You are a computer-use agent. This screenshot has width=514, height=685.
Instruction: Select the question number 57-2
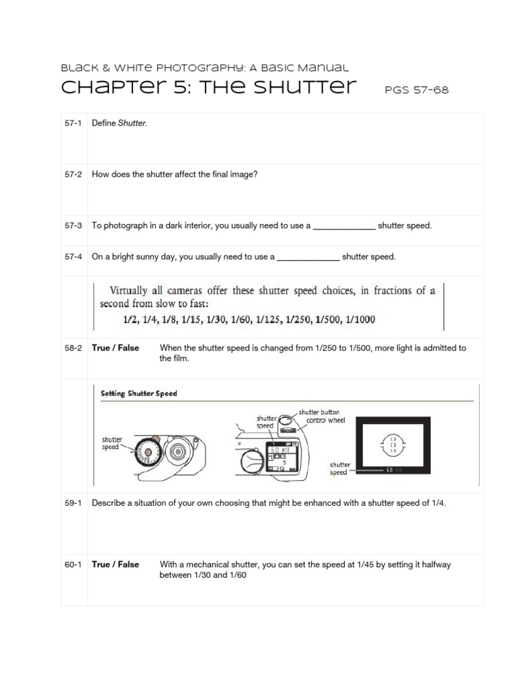click(73, 174)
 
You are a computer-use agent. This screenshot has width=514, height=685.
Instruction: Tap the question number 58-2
click(73, 348)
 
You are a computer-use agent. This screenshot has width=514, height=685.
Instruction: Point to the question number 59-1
click(73, 503)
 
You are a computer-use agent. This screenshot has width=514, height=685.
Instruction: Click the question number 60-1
click(73, 565)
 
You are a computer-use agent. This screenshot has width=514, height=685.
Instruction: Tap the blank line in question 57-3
click(344, 226)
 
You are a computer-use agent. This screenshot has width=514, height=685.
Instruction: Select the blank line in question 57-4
click(308, 257)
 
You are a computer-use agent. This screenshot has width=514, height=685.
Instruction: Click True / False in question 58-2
click(116, 348)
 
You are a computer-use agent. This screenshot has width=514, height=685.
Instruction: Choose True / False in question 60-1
click(116, 565)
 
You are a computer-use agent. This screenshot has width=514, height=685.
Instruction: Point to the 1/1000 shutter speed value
click(358, 320)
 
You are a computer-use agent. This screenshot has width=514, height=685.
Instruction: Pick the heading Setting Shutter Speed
click(139, 393)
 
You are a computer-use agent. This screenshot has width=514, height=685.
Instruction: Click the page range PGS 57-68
click(416, 90)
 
